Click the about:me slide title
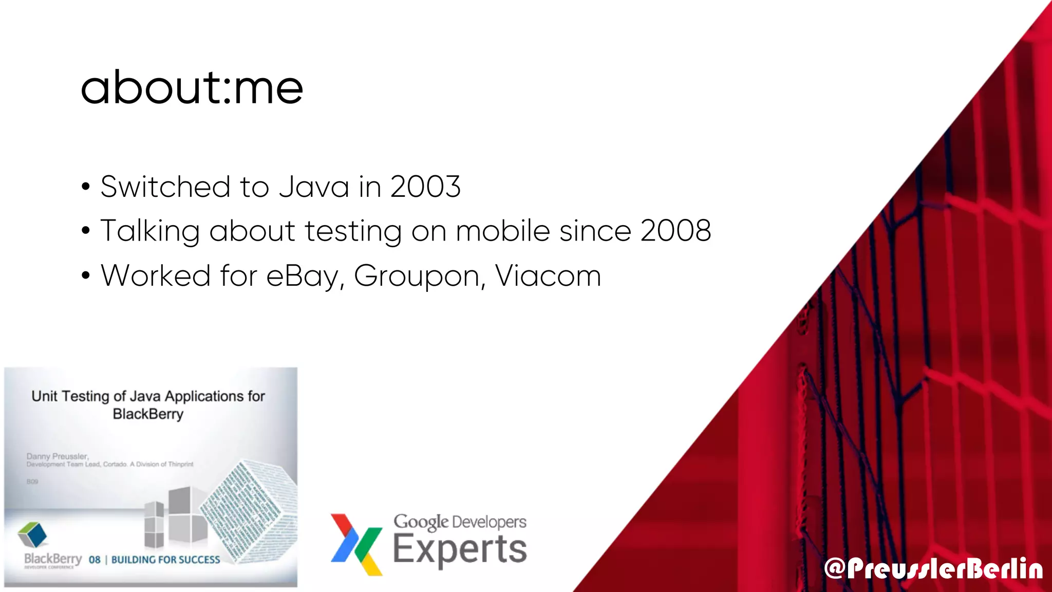point(192,87)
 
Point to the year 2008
point(675,230)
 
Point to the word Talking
point(149,231)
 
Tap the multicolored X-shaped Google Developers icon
point(356,544)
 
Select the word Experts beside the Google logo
point(460,549)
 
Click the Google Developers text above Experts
point(460,522)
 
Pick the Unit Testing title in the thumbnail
point(148,404)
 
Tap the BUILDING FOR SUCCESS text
point(165,560)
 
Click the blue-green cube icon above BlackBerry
point(32,534)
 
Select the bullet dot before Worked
point(86,276)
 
